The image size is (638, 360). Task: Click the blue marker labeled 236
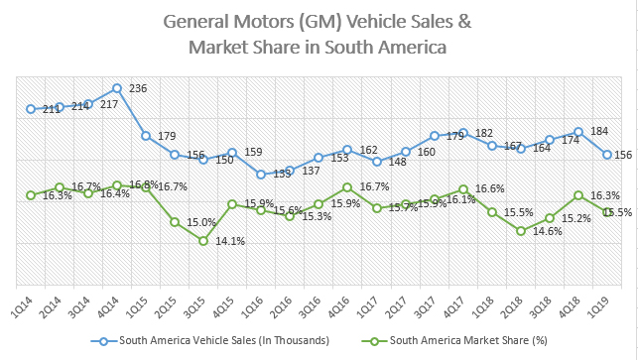(x=117, y=88)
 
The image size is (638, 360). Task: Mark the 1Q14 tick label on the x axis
(x=25, y=301)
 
